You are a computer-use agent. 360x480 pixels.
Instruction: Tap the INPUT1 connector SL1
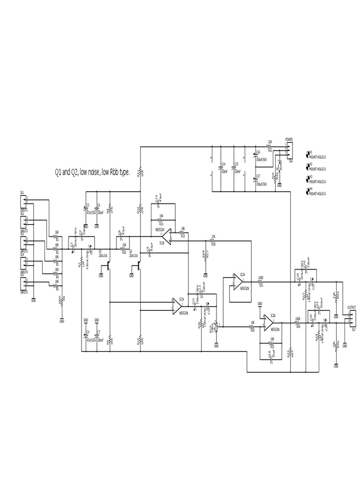pos(22,200)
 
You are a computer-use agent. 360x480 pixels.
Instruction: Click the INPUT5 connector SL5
pos(22,284)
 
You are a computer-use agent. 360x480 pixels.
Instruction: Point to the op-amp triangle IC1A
pos(179,306)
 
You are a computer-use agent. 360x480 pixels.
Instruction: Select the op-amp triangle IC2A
pos(236,282)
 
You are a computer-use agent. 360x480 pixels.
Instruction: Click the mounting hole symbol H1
pos(308,154)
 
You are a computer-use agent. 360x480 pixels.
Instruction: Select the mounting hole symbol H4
pos(308,190)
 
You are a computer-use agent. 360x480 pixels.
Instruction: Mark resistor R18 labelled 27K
pos(213,240)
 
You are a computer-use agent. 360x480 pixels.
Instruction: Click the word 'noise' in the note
pos(89,173)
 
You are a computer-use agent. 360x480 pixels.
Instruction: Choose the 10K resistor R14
pos(161,220)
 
